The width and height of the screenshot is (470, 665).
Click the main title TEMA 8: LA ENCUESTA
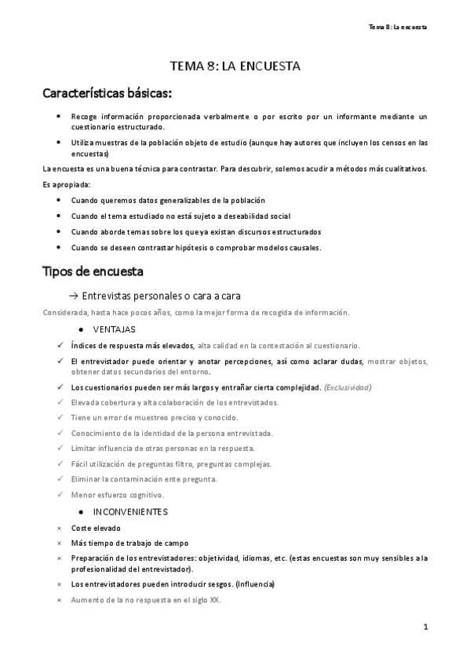pos(235,67)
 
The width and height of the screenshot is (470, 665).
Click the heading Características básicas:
pos(106,95)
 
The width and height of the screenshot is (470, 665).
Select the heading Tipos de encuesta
pos(92,272)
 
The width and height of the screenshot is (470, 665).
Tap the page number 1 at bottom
pos(424,627)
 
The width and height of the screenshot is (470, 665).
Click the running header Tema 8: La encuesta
pos(398,27)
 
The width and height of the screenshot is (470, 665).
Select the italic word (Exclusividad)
pos(348,387)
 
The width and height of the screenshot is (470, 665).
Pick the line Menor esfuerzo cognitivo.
pos(117,495)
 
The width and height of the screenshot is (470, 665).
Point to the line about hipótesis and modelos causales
pos(196,248)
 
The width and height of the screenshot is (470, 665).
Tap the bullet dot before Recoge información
pos(60,116)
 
